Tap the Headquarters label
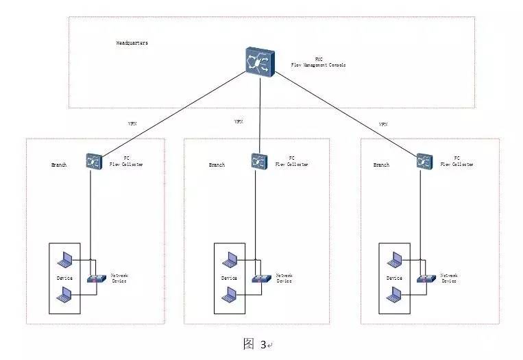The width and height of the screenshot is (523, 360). tap(132, 43)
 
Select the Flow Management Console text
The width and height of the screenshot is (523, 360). tap(319, 65)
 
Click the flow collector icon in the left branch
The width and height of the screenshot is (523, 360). tap(94, 161)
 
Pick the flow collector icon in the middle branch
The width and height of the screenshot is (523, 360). tap(259, 161)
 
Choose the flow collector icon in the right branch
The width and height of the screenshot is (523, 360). tap(424, 161)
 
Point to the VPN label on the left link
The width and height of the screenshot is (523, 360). tap(132, 124)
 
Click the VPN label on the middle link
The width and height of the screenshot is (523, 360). tap(239, 121)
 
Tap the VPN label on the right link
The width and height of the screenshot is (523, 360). tap(383, 124)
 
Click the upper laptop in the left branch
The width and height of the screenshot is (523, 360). tap(66, 259)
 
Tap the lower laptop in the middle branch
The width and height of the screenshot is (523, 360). tap(230, 296)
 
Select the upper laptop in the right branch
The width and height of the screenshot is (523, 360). tap(395, 259)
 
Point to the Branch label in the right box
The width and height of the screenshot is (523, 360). tap(381, 165)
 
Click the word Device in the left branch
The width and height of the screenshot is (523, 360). tap(64, 278)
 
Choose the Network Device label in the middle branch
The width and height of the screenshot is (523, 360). tap(284, 278)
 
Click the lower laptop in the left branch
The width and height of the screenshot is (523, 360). tap(66, 296)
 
